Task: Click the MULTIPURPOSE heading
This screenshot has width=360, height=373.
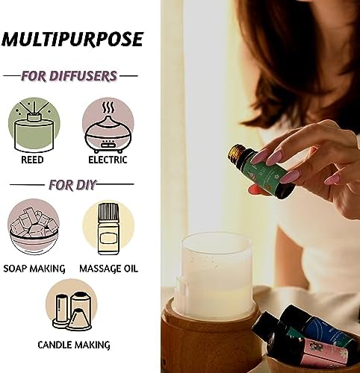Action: tap(72, 40)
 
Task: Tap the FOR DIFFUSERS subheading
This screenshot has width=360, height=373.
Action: tap(69, 76)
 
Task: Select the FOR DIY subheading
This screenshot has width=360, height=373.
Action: tap(72, 185)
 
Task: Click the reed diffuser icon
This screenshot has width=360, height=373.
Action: tap(34, 125)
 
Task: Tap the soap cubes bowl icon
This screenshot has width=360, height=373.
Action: tap(34, 227)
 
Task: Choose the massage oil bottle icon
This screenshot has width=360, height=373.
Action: tap(108, 228)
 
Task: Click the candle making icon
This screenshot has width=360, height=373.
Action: tap(72, 305)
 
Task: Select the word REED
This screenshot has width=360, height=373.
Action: tap(32, 160)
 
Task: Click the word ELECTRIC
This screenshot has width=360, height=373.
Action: tap(108, 160)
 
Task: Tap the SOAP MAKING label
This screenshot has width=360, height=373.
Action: tap(34, 269)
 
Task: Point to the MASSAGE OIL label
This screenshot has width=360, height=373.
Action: tap(108, 269)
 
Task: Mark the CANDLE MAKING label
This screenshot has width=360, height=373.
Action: tap(74, 345)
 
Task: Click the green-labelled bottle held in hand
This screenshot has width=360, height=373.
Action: tap(261, 172)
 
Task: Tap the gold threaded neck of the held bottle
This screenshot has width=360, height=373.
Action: tap(238, 153)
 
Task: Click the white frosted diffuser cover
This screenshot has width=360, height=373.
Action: tap(214, 275)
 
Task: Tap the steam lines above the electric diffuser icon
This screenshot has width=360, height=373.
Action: tap(108, 107)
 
